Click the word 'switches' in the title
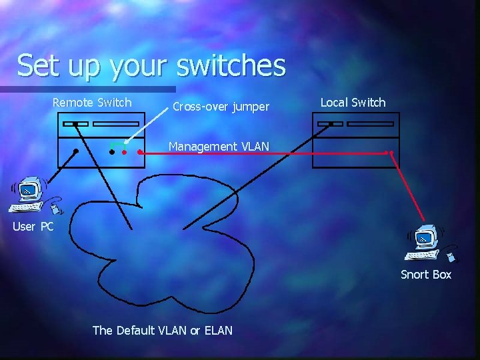pos(231,66)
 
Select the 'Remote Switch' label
pos(92,102)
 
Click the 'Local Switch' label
pos(353,102)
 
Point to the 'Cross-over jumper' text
pos(221,107)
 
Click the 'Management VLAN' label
pos(219,146)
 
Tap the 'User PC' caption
pos(33,227)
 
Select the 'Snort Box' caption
pos(425,275)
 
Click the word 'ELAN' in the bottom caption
pos(215,330)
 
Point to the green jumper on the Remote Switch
pos(117,143)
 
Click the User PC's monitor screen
pos(27,190)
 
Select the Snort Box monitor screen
pos(422,236)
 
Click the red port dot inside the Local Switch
pos(391,153)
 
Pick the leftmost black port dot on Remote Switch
pos(76,152)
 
